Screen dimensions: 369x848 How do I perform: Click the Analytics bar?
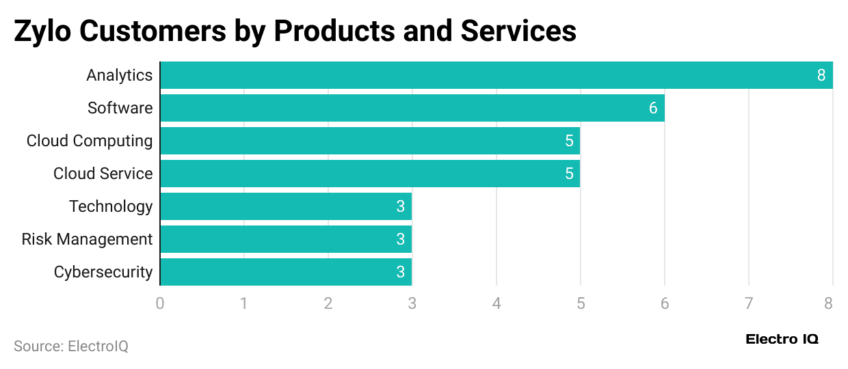tap(496, 75)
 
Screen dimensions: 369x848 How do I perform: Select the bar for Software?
tap(412, 108)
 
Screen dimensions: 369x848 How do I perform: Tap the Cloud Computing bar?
tap(369, 141)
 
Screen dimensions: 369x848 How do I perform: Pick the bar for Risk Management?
tap(285, 239)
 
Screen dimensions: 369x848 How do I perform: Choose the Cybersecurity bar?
tap(285, 272)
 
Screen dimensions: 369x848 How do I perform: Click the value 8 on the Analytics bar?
tap(821, 75)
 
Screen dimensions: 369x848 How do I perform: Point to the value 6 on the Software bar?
tap(653, 108)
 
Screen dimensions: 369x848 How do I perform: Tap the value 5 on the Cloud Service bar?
tap(569, 174)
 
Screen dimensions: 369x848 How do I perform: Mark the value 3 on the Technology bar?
tap(401, 206)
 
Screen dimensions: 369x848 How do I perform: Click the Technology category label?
tap(111, 206)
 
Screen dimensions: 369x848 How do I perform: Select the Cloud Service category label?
tap(103, 174)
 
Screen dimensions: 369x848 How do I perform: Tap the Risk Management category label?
tap(87, 239)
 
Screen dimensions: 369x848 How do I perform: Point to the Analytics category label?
tap(119, 75)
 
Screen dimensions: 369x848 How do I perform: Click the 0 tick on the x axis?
tap(160, 303)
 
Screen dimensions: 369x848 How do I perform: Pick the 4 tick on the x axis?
tap(496, 303)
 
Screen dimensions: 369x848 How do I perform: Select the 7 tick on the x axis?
tap(749, 303)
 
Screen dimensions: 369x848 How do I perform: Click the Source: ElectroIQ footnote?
tap(71, 346)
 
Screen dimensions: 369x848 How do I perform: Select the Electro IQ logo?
tap(782, 339)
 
